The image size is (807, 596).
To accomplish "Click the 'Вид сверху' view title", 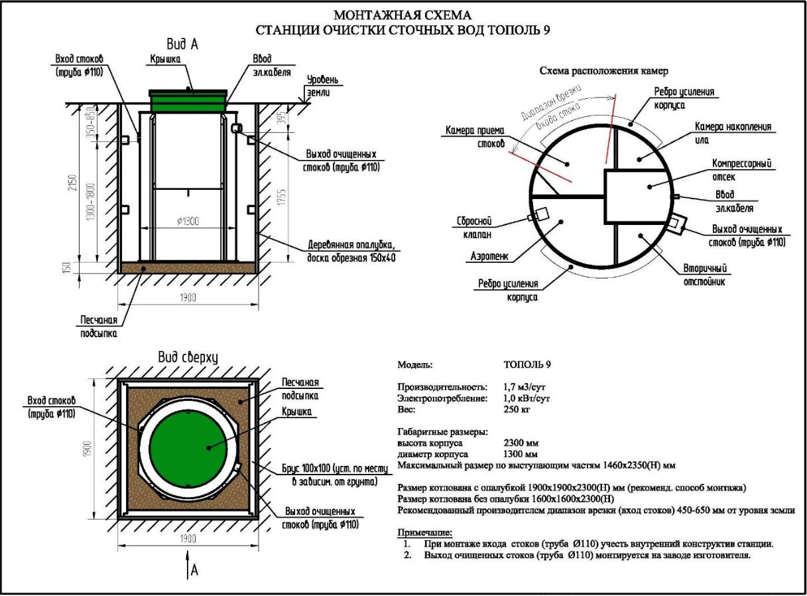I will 188,358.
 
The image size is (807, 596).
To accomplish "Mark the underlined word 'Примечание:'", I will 425,532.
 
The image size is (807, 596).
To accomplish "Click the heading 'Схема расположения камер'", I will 604,70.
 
